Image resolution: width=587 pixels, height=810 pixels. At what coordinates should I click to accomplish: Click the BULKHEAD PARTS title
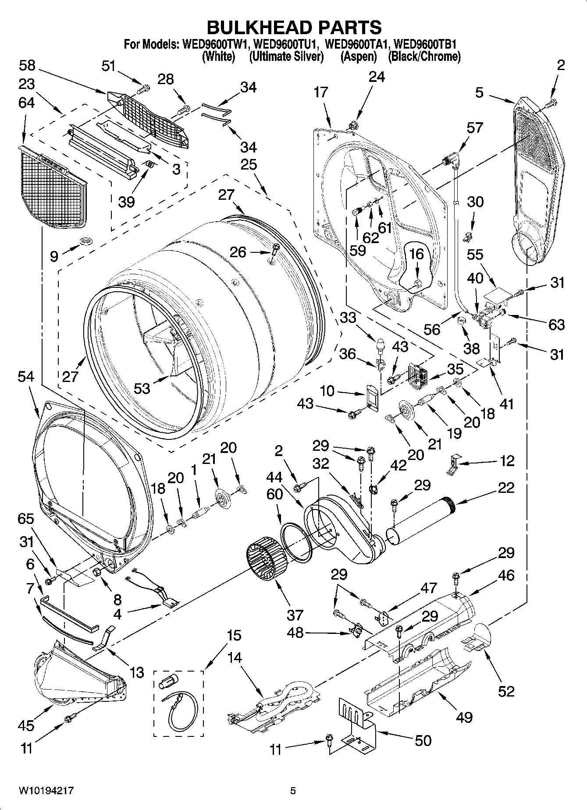[x=294, y=27]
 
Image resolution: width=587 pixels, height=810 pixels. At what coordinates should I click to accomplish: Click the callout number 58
[x=27, y=66]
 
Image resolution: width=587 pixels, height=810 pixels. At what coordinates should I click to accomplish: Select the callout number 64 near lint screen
[x=27, y=103]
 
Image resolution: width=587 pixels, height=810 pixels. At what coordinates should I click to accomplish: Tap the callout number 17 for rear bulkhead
[x=321, y=92]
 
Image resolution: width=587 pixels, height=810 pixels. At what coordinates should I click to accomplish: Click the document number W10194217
[x=46, y=791]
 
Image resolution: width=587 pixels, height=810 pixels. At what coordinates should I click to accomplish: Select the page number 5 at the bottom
[x=293, y=791]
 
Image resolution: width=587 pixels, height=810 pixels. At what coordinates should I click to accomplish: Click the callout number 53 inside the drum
[x=141, y=388]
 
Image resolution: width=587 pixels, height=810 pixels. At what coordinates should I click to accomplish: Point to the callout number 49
[x=464, y=717]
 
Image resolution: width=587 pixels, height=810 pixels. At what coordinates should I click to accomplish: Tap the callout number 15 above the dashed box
[x=235, y=635]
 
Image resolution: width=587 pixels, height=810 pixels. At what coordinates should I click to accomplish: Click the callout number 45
[x=26, y=725]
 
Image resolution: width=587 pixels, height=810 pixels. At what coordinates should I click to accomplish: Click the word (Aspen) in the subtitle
[x=359, y=57]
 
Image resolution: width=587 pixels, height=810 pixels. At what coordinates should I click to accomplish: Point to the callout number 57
[x=475, y=127]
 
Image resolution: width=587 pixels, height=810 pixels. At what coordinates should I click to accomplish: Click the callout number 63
[x=556, y=325]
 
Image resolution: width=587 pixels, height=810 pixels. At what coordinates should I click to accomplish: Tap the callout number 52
[x=506, y=691]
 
